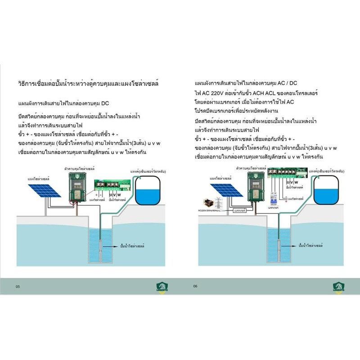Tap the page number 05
[18, 287]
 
